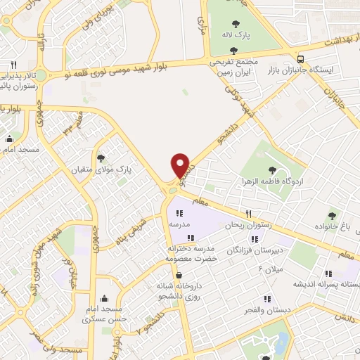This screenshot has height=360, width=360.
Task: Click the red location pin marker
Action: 181,165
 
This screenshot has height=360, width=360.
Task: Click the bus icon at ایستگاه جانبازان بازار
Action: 301,59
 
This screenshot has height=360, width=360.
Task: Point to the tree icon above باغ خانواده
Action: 332,215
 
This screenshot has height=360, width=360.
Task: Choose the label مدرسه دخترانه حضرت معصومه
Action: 189,253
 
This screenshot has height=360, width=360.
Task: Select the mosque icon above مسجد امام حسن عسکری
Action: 105,297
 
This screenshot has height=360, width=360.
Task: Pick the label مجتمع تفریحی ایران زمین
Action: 233,68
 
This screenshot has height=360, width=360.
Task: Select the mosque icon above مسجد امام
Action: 8,139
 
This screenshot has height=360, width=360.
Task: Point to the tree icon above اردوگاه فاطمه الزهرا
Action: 272,170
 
